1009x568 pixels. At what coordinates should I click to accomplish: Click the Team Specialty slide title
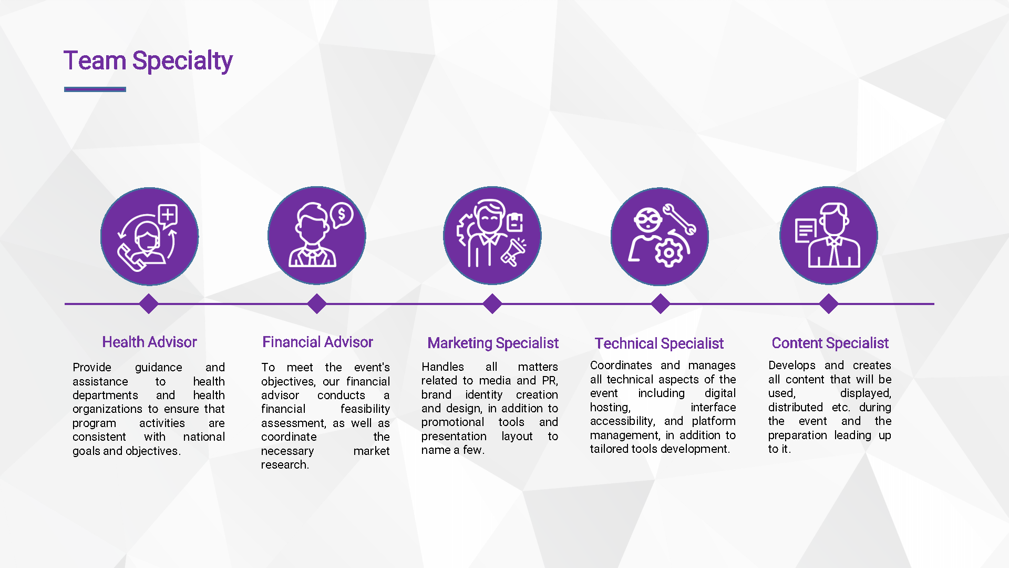[148, 61]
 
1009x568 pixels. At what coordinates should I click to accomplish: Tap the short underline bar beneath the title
[95, 89]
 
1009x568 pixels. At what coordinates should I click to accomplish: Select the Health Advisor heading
[149, 342]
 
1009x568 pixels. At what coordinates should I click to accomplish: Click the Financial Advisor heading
[317, 342]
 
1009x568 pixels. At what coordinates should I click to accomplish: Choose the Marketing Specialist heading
[493, 343]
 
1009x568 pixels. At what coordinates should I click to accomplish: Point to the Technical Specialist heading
[659, 343]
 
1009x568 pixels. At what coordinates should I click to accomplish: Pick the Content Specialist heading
[830, 343]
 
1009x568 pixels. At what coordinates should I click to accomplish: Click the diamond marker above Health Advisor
[149, 303]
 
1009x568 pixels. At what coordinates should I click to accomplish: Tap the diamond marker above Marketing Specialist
[492, 303]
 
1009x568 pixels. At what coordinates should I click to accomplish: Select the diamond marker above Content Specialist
[829, 303]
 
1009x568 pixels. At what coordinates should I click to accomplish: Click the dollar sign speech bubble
[342, 215]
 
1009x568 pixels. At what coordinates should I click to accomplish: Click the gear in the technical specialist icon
[668, 252]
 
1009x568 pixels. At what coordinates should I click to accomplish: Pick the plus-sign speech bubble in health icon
[168, 216]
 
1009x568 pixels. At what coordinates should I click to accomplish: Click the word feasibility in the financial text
[365, 409]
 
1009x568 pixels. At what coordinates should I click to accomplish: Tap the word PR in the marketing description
[550, 380]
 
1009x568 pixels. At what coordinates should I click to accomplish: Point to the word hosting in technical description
[610, 407]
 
